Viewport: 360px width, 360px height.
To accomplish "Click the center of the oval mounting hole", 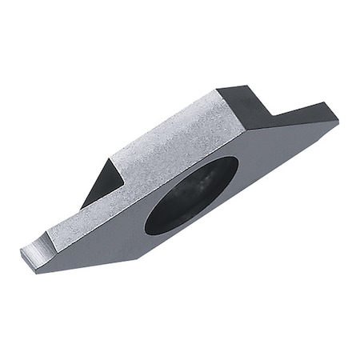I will pos(191,195).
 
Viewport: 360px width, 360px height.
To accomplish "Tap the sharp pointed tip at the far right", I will pos(338,121).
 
